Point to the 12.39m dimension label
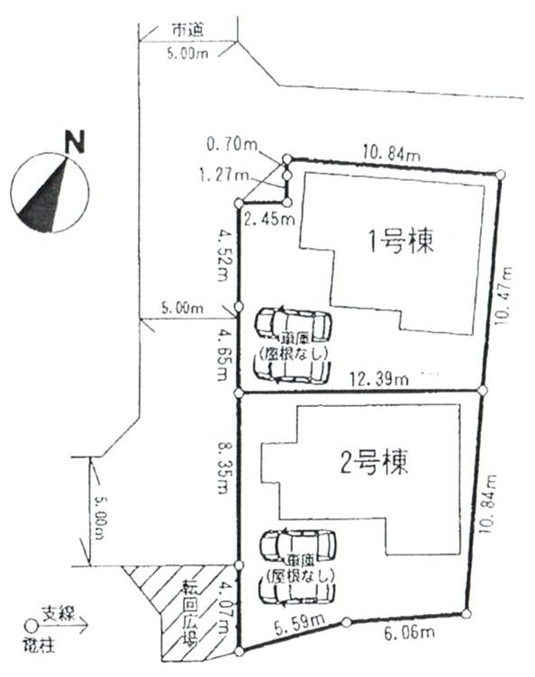coord(378,380)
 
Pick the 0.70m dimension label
coord(231,143)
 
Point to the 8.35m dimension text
coord(222,466)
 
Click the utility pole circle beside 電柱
coord(30,622)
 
